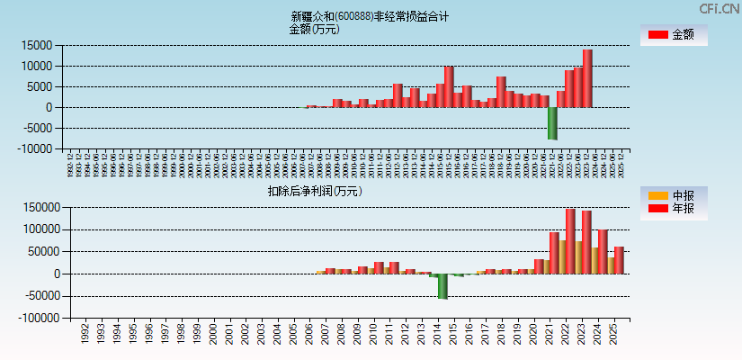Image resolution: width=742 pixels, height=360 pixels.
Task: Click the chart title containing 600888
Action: (x=370, y=16)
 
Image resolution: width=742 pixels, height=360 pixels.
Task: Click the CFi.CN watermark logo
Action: (x=719, y=9)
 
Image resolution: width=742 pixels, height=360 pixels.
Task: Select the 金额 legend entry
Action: (x=675, y=35)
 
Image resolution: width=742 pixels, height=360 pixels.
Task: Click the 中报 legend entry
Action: (x=675, y=195)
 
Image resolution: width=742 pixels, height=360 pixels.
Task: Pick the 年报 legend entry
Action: (x=675, y=209)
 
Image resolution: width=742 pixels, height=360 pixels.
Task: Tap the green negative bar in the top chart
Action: (x=552, y=123)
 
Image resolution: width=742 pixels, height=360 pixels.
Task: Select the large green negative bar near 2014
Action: (x=443, y=285)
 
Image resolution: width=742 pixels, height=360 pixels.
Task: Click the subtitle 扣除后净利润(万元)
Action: (x=315, y=191)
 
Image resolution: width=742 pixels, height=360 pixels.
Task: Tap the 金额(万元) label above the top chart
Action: (x=314, y=29)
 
